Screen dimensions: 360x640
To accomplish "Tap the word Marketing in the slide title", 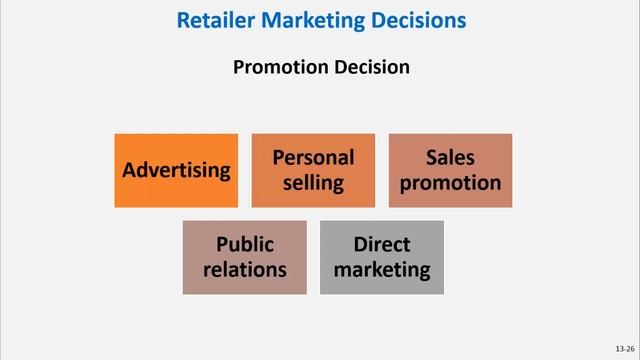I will coord(307,19).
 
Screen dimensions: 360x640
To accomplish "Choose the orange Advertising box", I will coord(176,170).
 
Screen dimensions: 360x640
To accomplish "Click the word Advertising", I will coord(176,170).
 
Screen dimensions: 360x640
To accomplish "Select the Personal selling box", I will coord(313,170).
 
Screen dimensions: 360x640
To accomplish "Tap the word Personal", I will coord(313,158).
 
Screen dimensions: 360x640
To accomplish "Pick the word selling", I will coord(313,183).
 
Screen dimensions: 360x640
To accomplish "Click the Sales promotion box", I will coord(450,170).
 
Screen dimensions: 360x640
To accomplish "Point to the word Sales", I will coord(450,158).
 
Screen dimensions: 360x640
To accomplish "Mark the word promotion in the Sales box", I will coord(450,183).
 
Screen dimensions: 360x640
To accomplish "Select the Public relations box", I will coord(244,257).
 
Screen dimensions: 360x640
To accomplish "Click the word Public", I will coord(244,245).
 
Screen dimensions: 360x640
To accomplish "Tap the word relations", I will coord(244,270).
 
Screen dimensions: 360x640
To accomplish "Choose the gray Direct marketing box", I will coord(381,257).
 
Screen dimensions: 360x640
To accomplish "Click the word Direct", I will coord(381,245).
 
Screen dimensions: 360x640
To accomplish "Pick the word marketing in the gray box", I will coord(381,270).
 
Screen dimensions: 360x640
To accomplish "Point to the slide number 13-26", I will coord(625,349).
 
